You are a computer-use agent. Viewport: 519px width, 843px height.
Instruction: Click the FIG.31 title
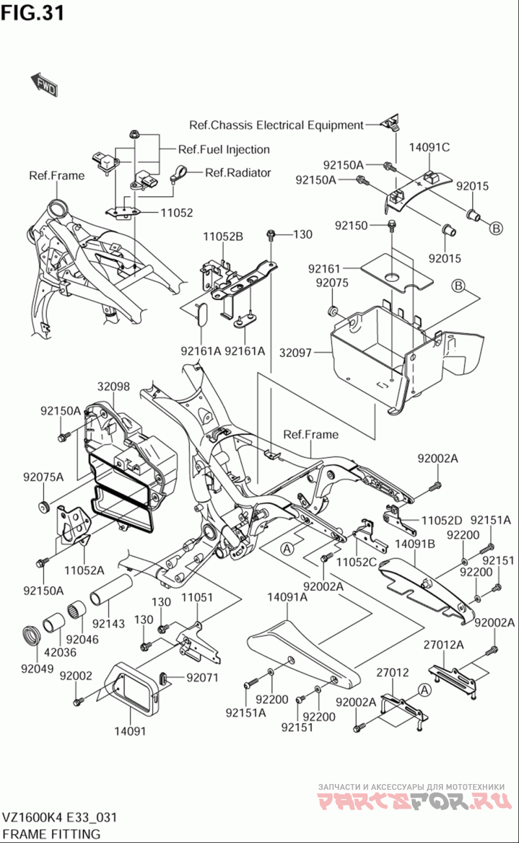[32, 12]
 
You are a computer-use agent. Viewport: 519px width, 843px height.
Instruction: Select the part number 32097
[296, 354]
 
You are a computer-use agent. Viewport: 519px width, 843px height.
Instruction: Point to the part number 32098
[114, 387]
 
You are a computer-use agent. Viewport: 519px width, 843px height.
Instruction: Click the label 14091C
[429, 147]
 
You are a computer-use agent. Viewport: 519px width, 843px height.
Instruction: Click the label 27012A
[444, 645]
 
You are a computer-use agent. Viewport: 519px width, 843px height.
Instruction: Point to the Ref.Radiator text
[238, 172]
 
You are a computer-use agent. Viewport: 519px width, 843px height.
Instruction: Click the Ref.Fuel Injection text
[224, 150]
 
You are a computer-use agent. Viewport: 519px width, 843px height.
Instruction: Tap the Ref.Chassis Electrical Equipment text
[276, 124]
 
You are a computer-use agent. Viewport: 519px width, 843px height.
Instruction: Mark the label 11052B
[223, 237]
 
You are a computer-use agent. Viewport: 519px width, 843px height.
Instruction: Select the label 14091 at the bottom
[130, 732]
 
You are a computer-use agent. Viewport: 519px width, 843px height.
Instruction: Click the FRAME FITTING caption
[51, 833]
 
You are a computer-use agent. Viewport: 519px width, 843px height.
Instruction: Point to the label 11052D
[442, 520]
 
